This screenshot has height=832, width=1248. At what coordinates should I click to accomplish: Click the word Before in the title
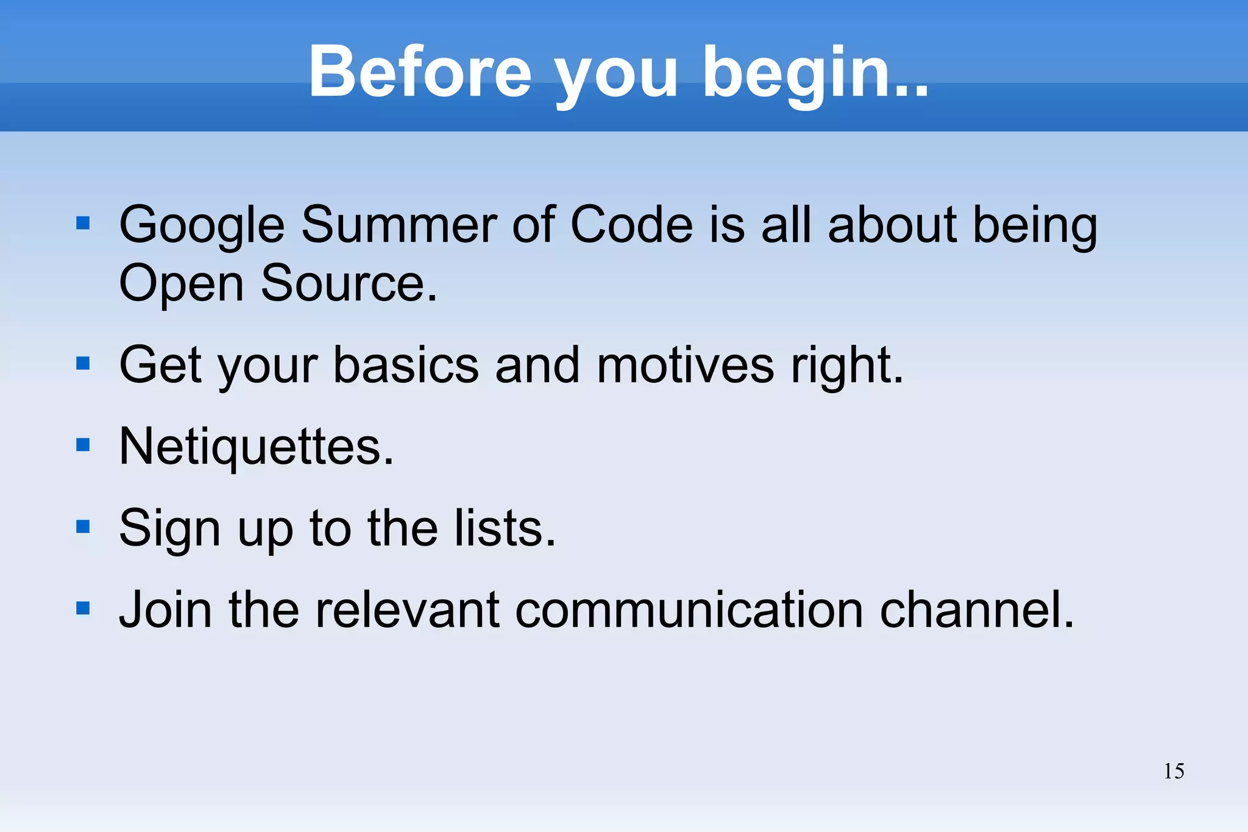(x=420, y=72)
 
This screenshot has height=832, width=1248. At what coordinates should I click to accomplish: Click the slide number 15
(x=1174, y=771)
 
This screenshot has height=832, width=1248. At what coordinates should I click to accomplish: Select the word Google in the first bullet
(x=202, y=226)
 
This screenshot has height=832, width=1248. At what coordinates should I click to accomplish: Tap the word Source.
(x=349, y=283)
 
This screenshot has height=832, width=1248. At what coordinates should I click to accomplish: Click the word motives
(x=685, y=365)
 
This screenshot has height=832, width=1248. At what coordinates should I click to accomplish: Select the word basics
(x=406, y=365)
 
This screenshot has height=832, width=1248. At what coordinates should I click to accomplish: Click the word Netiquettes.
(x=257, y=447)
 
